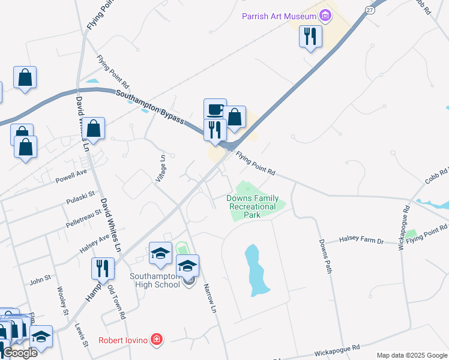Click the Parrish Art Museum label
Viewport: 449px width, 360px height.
coord(279,16)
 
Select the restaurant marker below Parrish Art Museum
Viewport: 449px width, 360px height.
coord(310,37)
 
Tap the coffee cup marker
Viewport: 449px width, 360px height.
coord(215,110)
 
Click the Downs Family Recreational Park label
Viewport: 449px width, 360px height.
coord(252,206)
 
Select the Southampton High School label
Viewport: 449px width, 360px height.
coord(155,280)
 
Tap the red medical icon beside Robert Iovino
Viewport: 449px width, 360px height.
coord(157,340)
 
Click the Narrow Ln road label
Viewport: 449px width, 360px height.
coord(209,298)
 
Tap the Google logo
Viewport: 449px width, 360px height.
coord(20,353)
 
